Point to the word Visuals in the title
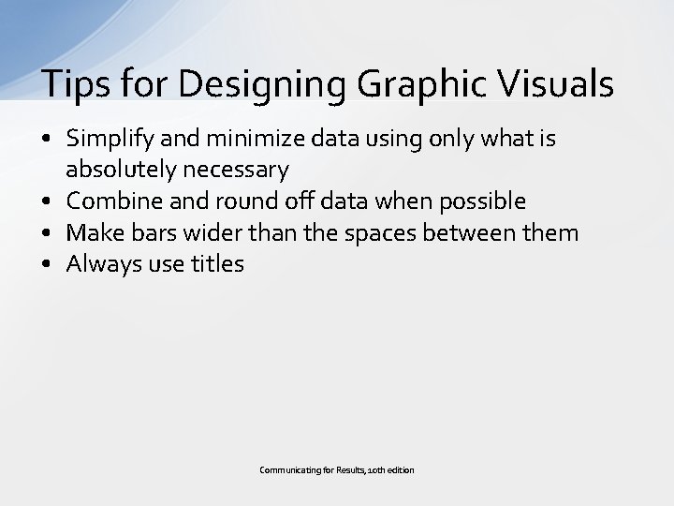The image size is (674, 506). (x=559, y=84)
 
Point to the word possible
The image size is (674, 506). (x=481, y=201)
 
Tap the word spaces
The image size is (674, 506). (x=389, y=232)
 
